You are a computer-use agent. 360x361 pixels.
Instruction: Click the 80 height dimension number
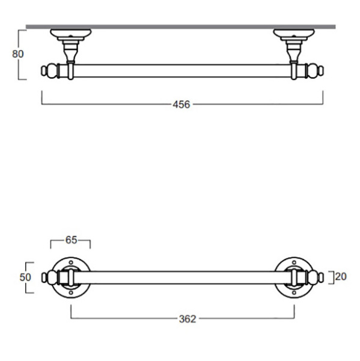pyautogui.click(x=17, y=54)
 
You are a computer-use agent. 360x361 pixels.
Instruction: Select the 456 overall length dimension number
pyautogui.click(x=182, y=105)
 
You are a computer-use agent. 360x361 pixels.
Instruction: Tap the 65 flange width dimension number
pyautogui.click(x=71, y=240)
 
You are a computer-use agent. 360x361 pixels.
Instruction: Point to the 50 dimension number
pyautogui.click(x=25, y=277)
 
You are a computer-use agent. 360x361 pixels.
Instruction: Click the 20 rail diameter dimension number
pyautogui.click(x=341, y=277)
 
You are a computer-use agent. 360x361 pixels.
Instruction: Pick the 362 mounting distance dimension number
pyautogui.click(x=188, y=319)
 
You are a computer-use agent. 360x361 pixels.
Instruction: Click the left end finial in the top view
pyautogui.click(x=49, y=70)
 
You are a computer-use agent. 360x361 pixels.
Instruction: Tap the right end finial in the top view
pyautogui.click(x=315, y=70)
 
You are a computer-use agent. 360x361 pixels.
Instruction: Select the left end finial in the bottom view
pyautogui.click(x=49, y=277)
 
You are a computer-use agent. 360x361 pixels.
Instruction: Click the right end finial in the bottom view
pyautogui.click(x=316, y=277)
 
